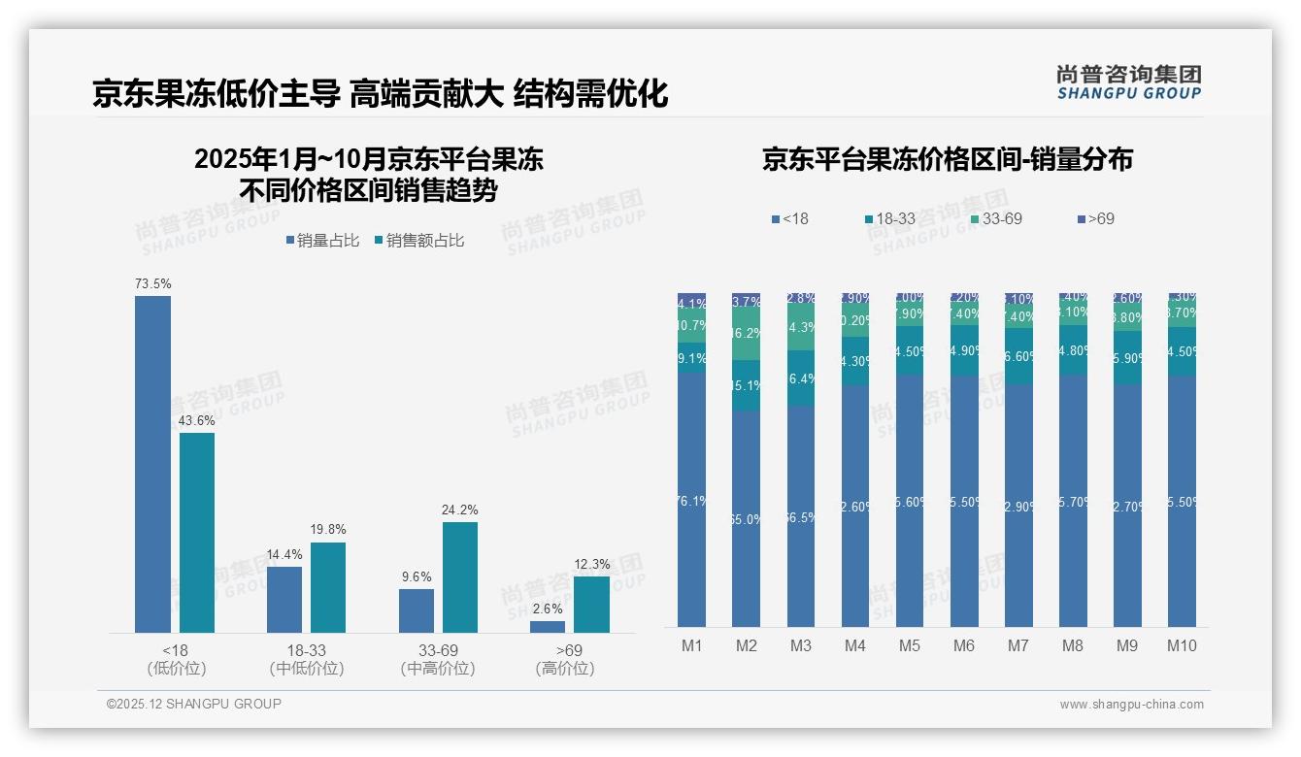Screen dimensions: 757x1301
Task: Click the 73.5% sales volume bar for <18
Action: [x=152, y=464]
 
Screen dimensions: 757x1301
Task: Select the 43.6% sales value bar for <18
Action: [x=197, y=533]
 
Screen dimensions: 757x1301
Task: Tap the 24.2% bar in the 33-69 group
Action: [x=460, y=577]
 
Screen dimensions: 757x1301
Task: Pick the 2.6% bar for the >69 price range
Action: [x=548, y=627]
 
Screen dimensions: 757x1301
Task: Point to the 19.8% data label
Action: [x=328, y=530]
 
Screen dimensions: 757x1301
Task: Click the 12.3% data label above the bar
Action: [x=591, y=564]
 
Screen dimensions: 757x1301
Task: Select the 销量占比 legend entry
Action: [x=322, y=241]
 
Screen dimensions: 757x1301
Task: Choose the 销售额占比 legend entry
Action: [x=418, y=241]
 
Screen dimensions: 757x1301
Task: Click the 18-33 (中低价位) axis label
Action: [x=307, y=659]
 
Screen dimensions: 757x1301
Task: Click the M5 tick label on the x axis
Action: [x=910, y=645]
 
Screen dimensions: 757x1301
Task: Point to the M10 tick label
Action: [x=1182, y=645]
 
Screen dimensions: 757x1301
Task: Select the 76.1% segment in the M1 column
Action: [x=692, y=500]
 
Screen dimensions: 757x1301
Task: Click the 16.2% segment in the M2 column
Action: [x=747, y=333]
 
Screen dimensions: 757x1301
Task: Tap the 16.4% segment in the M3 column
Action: [x=801, y=378]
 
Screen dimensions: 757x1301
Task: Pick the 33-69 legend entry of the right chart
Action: [x=996, y=219]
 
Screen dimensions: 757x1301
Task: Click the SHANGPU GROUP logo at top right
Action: [x=1129, y=82]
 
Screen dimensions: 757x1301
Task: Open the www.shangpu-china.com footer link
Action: [x=1131, y=705]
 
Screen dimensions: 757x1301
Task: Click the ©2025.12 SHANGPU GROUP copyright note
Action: [x=194, y=704]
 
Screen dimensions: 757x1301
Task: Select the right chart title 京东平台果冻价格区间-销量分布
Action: [x=947, y=160]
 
